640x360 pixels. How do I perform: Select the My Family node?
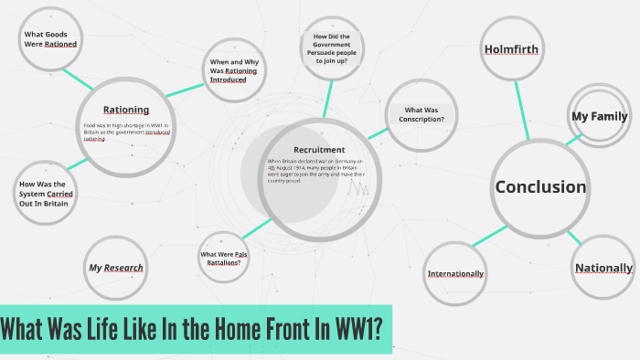[x=599, y=116]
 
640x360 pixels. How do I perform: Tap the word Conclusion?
[x=540, y=186]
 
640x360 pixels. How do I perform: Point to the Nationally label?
[x=603, y=268]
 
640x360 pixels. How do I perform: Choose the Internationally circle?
[x=455, y=273]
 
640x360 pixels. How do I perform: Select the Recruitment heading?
[x=319, y=149]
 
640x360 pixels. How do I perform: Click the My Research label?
[x=116, y=268]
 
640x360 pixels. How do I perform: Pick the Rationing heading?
[x=126, y=110]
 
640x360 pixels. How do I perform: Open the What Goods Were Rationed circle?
[x=49, y=38]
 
